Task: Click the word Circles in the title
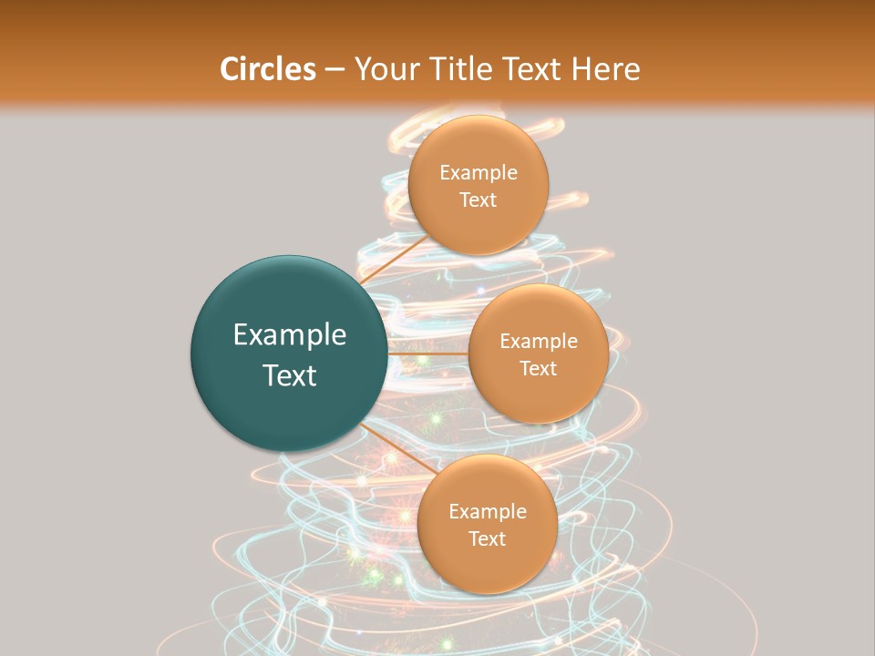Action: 267,69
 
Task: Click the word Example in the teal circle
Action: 290,335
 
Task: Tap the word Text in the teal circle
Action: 290,375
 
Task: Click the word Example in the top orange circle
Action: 479,173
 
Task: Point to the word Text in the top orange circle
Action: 479,200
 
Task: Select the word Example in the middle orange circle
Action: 539,342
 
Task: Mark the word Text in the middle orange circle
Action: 539,369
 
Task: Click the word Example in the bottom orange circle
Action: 488,512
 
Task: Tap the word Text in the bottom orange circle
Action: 488,539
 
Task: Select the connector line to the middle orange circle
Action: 427,353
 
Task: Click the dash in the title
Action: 335,70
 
